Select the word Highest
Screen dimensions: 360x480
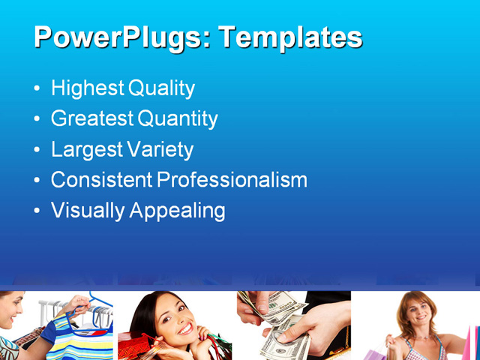click(x=87, y=88)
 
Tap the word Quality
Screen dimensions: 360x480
click(x=161, y=88)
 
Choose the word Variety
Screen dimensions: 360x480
click(x=160, y=149)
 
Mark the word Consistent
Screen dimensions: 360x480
click(x=101, y=180)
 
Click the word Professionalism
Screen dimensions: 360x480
click(x=232, y=180)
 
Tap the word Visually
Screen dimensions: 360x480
click(x=88, y=211)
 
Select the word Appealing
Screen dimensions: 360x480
click(x=177, y=211)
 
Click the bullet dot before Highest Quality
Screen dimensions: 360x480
click(x=37, y=89)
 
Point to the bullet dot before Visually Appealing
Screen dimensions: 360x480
click(x=37, y=211)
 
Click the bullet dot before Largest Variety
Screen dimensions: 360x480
click(x=37, y=150)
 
